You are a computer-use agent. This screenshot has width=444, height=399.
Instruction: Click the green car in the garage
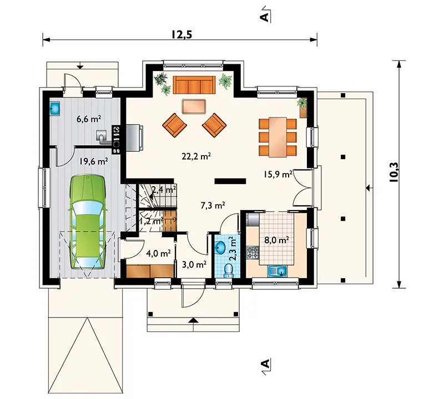tap(88, 223)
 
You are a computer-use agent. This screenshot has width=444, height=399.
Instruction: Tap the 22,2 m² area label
tap(196, 156)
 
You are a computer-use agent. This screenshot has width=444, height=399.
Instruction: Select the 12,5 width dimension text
tap(181, 34)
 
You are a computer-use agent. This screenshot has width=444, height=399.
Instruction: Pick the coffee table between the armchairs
tap(194, 106)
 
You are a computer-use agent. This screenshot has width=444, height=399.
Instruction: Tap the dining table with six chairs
tap(278, 137)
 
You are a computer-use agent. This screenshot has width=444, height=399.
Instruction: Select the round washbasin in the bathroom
tap(220, 249)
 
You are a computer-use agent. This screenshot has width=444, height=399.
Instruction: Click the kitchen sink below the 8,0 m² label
tap(277, 272)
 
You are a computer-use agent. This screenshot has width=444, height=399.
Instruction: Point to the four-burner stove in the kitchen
tap(253, 253)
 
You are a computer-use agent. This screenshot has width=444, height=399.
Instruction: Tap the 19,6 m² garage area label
tap(93, 161)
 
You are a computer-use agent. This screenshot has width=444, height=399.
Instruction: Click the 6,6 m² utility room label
tap(89, 119)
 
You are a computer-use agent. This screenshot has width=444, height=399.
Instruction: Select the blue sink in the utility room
tap(55, 108)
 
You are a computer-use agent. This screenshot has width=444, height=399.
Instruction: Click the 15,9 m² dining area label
tap(278, 174)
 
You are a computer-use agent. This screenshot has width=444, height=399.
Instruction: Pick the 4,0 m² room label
tap(158, 253)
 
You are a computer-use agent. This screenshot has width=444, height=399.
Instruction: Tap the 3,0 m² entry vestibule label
tap(194, 265)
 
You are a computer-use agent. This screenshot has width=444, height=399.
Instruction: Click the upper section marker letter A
tap(264, 17)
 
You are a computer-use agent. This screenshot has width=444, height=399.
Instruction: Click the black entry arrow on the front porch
tap(193, 320)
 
